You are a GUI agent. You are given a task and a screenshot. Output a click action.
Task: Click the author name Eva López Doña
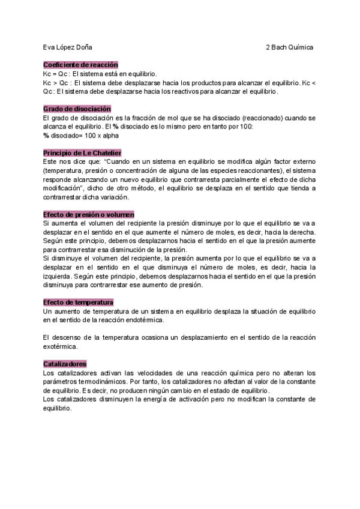(x=68, y=47)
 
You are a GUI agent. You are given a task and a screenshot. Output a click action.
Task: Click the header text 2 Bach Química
(x=290, y=47)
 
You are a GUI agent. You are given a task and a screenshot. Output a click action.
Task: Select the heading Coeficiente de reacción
(x=80, y=64)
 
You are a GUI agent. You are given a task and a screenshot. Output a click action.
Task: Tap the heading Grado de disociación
(x=77, y=109)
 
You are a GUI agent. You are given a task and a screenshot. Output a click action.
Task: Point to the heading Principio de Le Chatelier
(x=82, y=153)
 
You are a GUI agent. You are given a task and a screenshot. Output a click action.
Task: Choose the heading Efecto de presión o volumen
(x=88, y=214)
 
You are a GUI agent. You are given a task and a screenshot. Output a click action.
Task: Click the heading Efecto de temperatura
(x=78, y=302)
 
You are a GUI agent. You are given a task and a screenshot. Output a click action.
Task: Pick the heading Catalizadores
(x=65, y=364)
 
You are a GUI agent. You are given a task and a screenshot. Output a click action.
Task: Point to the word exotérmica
(x=61, y=346)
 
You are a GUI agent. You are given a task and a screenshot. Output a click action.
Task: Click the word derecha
(x=301, y=232)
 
